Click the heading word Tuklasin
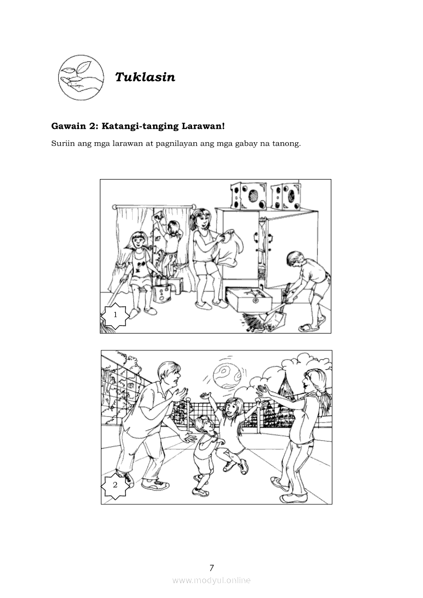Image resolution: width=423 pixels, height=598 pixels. [x=145, y=77]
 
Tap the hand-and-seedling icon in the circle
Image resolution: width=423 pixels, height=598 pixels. [x=81, y=77]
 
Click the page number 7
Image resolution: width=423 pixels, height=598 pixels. [x=211, y=568]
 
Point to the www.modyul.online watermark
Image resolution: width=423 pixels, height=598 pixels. [x=211, y=581]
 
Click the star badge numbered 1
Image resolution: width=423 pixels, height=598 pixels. [x=115, y=315]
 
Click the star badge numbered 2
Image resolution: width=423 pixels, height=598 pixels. [x=115, y=485]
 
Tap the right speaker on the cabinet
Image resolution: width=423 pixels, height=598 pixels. [x=286, y=196]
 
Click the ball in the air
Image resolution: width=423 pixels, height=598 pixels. [x=227, y=375]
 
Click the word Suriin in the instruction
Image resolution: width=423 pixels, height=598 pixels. [x=62, y=144]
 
